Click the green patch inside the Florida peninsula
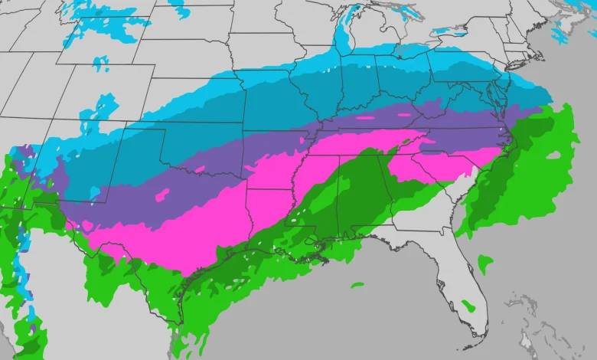click(468, 306)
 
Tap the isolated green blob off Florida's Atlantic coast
click(485, 264)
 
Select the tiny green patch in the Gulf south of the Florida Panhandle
click(357, 285)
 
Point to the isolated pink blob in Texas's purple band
click(163, 195)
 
